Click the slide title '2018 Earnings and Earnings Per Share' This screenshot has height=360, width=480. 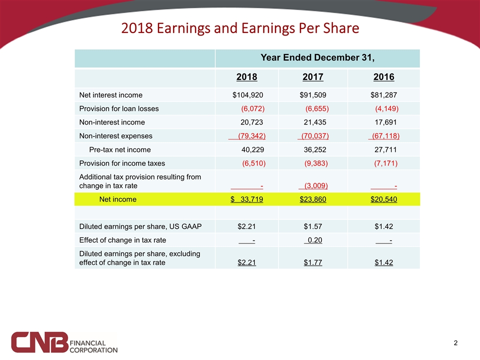pyautogui.click(x=240, y=28)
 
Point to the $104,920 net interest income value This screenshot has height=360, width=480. pyautogui.click(x=248, y=95)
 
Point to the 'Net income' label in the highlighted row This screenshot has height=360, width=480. pyautogui.click(x=117, y=199)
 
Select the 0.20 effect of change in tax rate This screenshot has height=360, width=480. pyautogui.click(x=313, y=240)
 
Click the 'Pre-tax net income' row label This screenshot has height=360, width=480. pyautogui.click(x=119, y=149)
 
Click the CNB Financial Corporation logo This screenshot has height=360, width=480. pyautogui.click(x=65, y=342)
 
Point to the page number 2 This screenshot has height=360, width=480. pyautogui.click(x=455, y=343)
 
